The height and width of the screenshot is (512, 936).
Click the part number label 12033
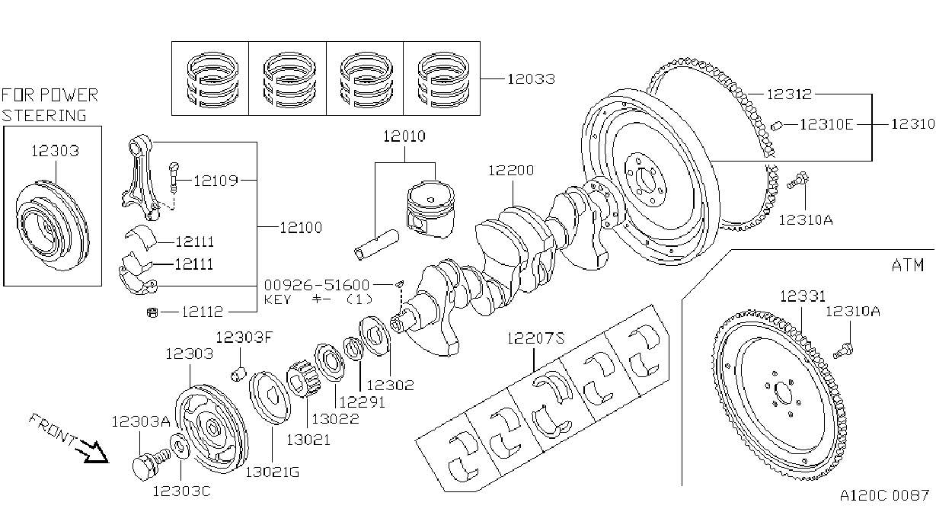(531, 78)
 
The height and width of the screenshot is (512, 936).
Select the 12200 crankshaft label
(511, 170)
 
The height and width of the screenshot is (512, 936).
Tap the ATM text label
(907, 265)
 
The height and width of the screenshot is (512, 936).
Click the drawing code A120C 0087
(884, 495)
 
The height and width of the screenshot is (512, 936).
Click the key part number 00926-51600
(317, 285)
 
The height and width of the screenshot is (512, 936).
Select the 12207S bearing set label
(535, 338)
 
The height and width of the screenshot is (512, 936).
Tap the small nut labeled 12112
(152, 312)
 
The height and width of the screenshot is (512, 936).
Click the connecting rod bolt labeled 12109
(174, 178)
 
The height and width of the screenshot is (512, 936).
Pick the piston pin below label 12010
(376, 245)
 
